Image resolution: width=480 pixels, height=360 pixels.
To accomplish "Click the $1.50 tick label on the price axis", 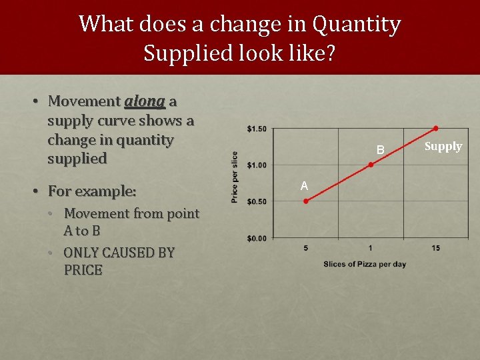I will point(257,128).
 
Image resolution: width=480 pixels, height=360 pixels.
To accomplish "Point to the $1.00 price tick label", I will point(257,165).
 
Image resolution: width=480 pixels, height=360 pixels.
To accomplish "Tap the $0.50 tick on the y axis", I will point(257,201).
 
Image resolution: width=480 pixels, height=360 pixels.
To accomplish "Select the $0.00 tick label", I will point(257,238).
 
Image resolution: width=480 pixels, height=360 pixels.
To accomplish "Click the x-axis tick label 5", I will point(305,248).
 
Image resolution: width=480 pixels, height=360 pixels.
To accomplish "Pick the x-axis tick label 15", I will point(435,248).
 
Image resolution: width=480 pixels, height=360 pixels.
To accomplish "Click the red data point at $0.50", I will point(306,201).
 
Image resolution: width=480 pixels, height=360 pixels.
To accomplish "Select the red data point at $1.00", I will point(371,165).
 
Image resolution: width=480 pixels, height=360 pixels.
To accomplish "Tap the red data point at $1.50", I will point(435,128).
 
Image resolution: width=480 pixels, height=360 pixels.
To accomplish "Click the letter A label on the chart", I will point(304,186).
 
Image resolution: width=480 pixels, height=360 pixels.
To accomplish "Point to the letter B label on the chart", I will point(380,151).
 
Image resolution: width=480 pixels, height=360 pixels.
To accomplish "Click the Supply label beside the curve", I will point(443,146).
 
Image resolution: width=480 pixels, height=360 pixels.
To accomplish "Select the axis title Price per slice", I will point(235,177).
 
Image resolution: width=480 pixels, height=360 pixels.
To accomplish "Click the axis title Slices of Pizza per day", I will point(365,264).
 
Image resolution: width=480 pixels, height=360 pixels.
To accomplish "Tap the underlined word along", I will point(145,101).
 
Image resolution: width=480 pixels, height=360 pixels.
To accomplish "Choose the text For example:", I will point(92,191).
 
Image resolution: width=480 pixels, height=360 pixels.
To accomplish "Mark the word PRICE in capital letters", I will point(83,270).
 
